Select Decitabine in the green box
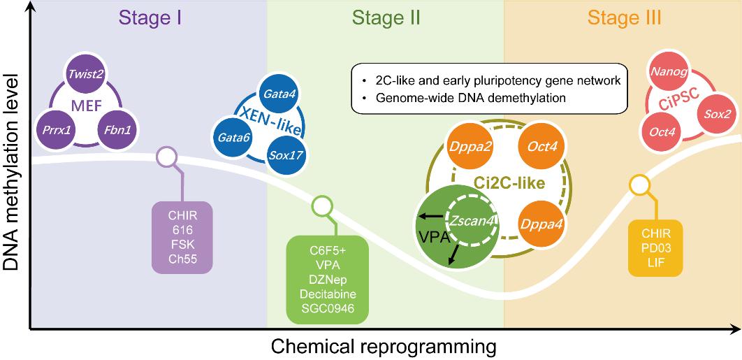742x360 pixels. point(328,294)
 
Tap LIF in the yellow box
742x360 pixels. point(655,259)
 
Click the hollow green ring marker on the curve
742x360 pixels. point(321,206)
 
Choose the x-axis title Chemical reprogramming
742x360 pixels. point(384,347)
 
